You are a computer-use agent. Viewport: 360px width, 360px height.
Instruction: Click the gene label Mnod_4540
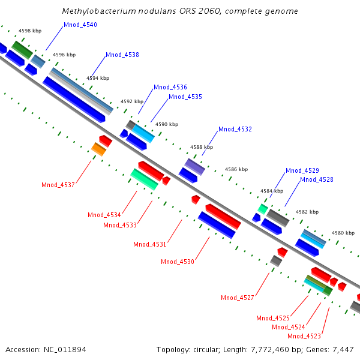(80, 25)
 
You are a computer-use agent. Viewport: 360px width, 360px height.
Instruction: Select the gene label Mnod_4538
(122, 55)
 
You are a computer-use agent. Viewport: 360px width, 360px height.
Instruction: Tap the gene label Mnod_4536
(170, 87)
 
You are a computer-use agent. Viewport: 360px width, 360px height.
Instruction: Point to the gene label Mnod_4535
(185, 97)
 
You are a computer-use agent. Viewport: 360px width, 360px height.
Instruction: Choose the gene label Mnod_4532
(235, 129)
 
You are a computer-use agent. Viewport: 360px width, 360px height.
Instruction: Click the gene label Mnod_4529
(302, 170)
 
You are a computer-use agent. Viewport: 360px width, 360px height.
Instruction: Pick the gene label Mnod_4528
(316, 179)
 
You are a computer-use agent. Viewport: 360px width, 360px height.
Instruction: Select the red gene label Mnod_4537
(58, 185)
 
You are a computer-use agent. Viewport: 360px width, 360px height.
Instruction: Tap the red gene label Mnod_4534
(104, 215)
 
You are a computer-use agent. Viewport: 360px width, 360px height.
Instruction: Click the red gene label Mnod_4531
(149, 244)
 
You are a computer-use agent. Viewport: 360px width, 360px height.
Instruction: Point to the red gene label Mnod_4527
(238, 298)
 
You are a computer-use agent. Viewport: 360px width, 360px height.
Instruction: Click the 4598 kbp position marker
(29, 29)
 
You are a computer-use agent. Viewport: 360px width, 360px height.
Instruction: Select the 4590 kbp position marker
(167, 124)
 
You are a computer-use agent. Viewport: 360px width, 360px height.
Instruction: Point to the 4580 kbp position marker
(343, 233)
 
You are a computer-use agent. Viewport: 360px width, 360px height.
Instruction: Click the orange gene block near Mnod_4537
(98, 149)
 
